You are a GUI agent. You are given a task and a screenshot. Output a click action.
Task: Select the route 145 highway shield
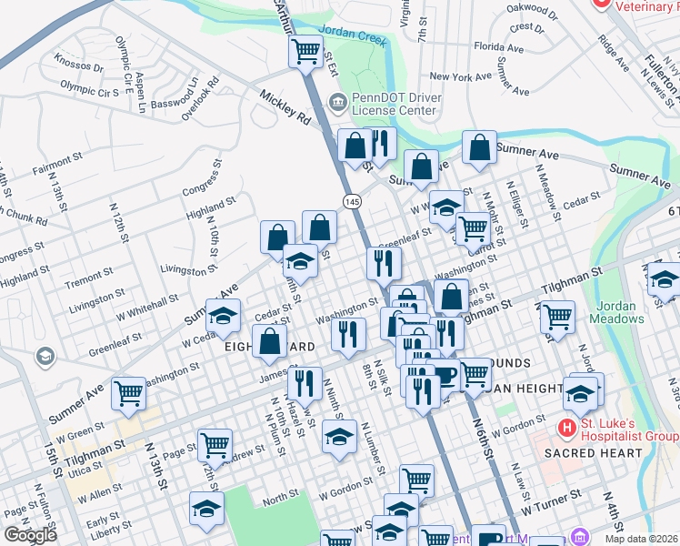coord(350,199)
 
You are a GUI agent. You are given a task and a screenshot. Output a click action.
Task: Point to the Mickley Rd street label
coord(285,106)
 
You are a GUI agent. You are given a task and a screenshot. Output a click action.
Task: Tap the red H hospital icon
coord(567,426)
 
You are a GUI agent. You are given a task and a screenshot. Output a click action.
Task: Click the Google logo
coord(30,535)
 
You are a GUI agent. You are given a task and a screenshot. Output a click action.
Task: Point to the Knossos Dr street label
coord(79,66)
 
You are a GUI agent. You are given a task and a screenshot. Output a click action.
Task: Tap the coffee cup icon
coord(444,374)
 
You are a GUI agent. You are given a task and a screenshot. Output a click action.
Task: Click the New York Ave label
coord(460,77)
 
